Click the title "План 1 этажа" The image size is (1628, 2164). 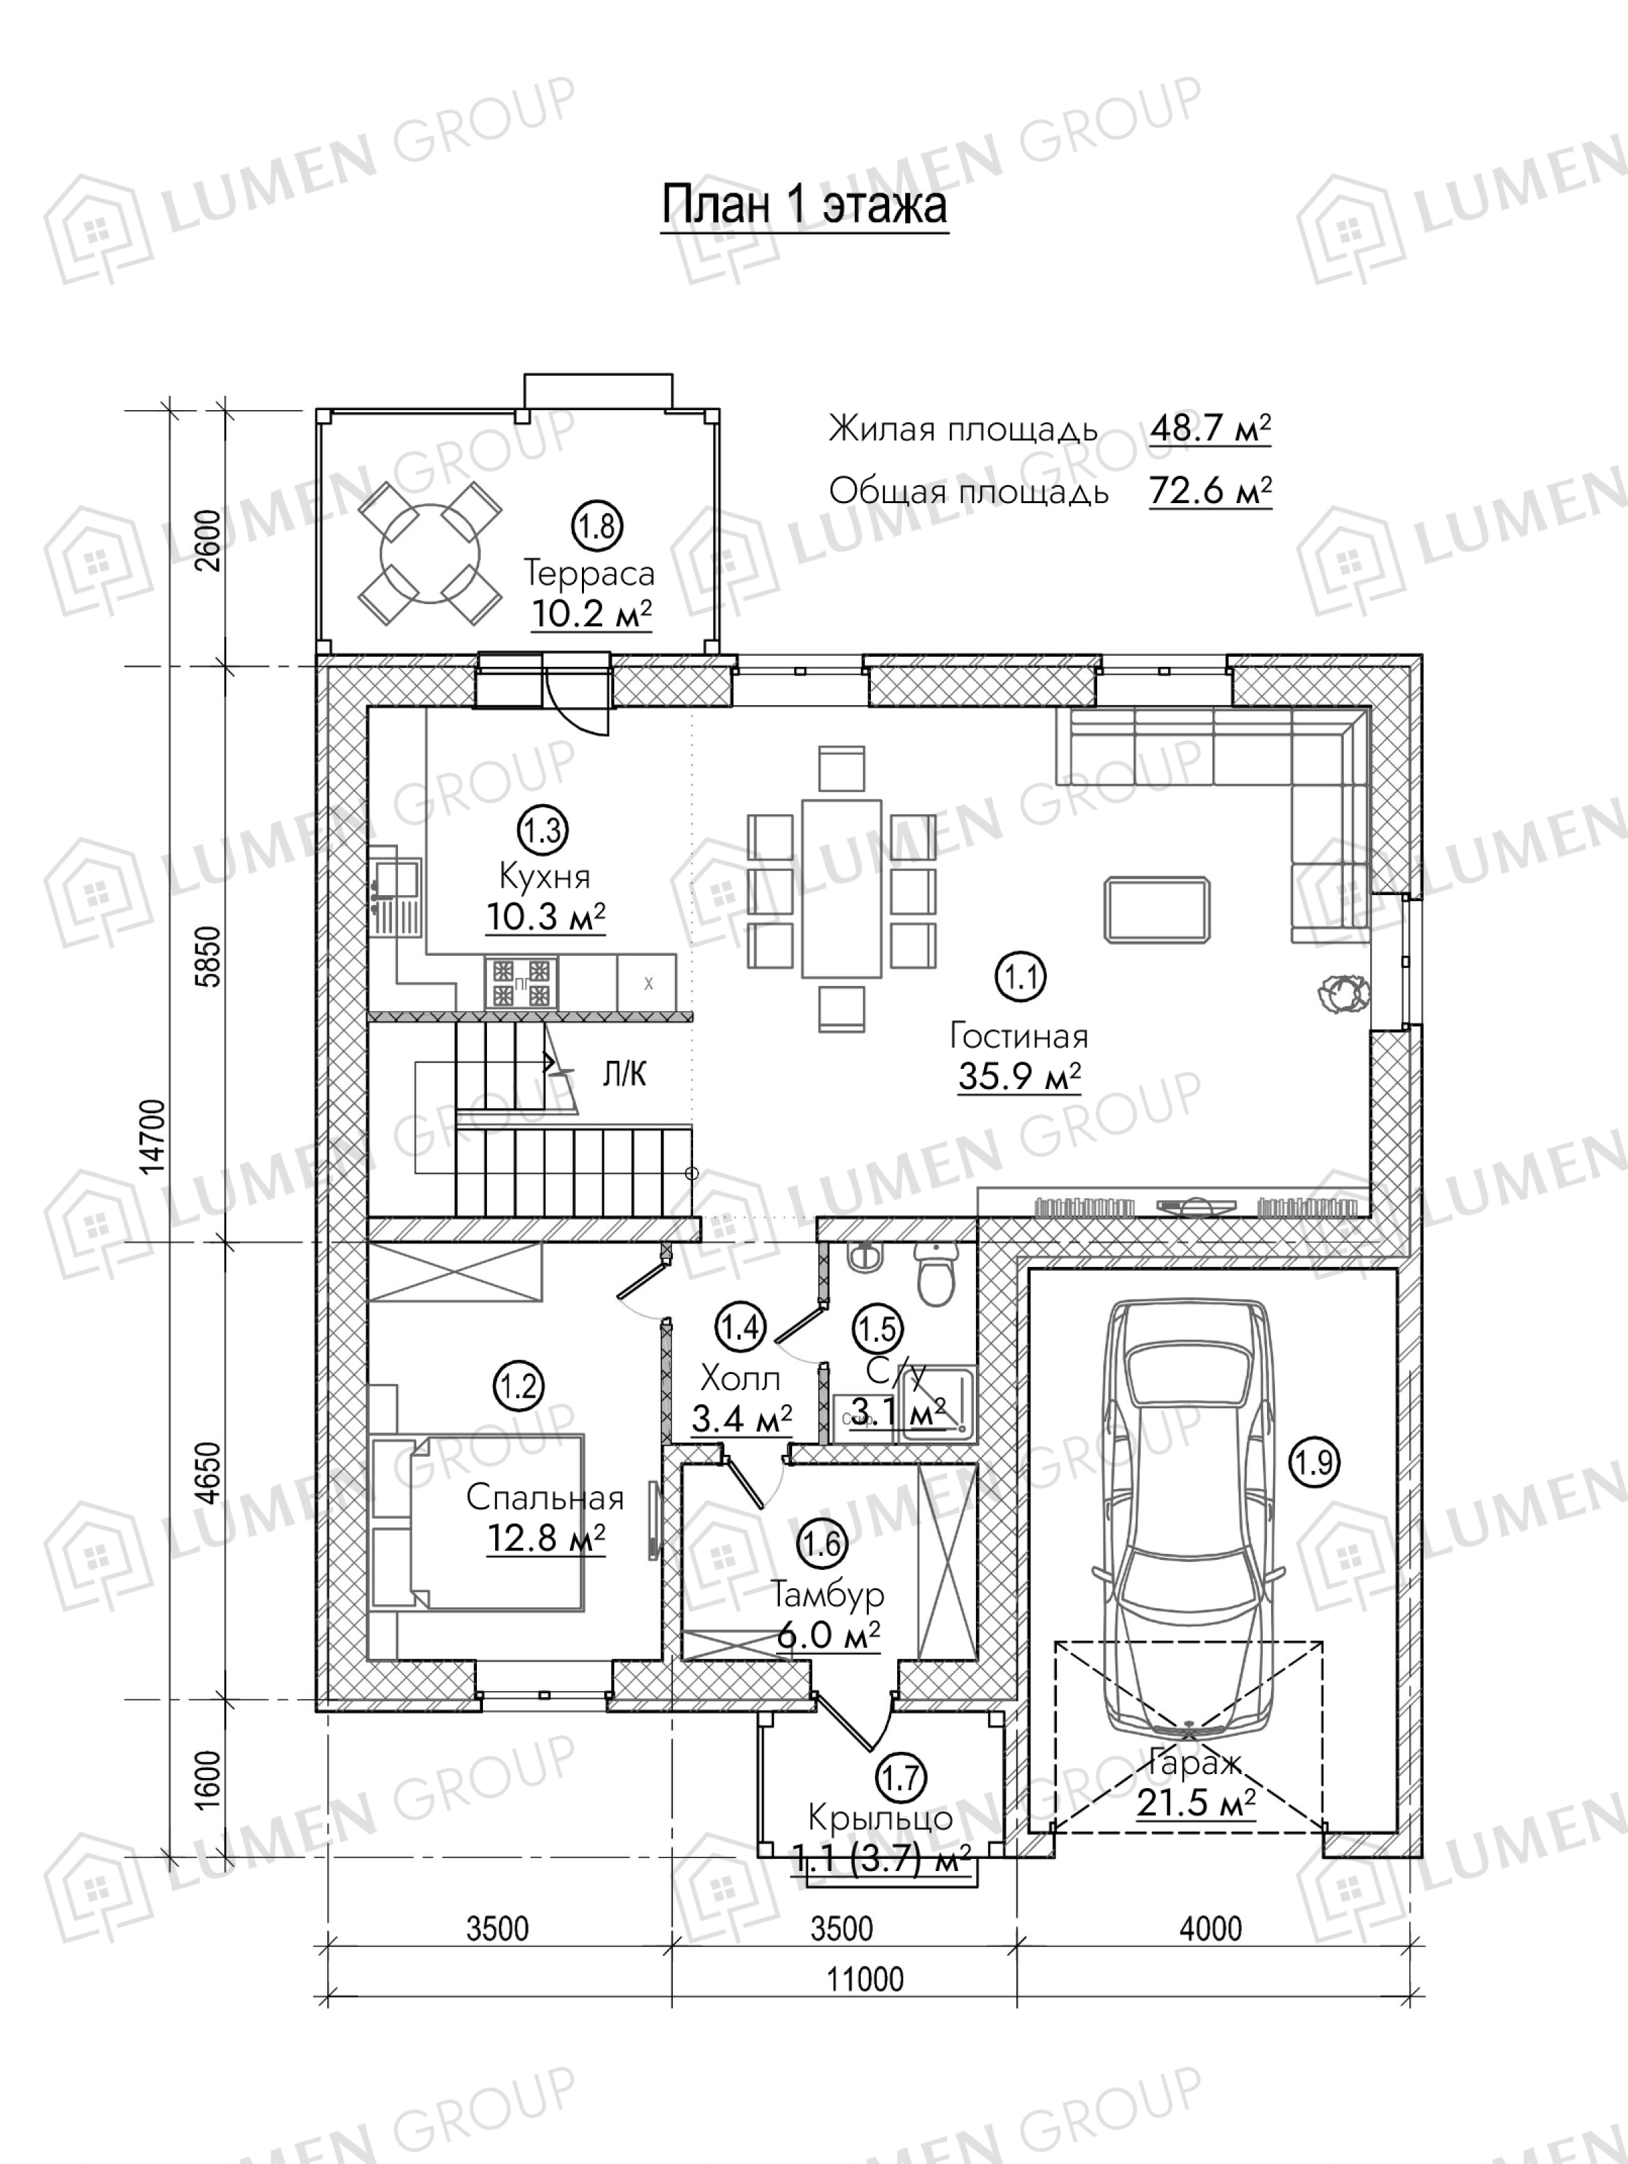(x=804, y=205)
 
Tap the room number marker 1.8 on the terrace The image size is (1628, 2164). (x=597, y=526)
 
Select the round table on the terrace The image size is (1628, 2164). (x=430, y=554)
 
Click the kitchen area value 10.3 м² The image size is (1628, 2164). (x=546, y=917)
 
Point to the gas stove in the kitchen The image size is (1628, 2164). (x=521, y=982)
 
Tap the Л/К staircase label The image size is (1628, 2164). (x=624, y=1075)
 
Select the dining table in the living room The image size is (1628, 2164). (x=841, y=888)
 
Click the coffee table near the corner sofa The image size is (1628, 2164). (x=1157, y=910)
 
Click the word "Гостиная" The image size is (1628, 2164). (x=1018, y=1036)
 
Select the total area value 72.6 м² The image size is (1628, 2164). (x=1210, y=490)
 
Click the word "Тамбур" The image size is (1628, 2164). (x=826, y=1595)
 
